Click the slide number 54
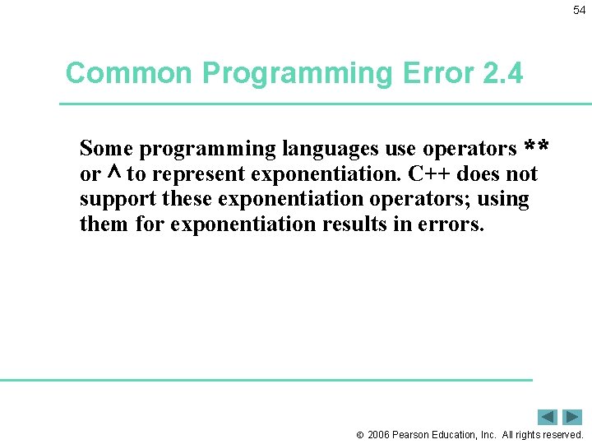579,10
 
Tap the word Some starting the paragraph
106,149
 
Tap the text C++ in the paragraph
428,174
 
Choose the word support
118,200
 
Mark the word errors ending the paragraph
451,224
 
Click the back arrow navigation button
548,417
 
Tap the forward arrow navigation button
573,417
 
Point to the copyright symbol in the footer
359,434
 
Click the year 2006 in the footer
379,434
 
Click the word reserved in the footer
562,434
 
